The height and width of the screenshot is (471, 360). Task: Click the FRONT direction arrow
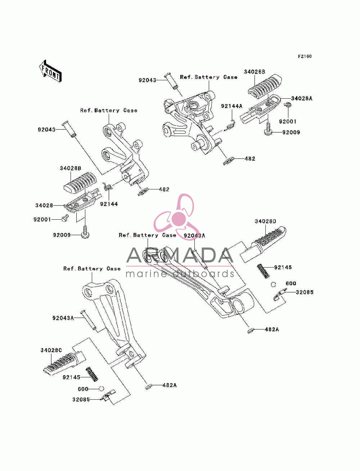(50, 71)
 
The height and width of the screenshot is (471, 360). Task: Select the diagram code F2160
(305, 57)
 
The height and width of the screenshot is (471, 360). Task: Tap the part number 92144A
(232, 106)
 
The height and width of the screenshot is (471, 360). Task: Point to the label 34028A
(302, 99)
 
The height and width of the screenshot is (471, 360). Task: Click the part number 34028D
(265, 221)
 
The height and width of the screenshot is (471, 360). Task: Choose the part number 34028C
(51, 350)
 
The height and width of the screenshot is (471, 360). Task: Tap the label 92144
(109, 204)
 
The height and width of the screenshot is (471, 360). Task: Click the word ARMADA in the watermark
(180, 255)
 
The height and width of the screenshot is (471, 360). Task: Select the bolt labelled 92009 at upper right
(268, 129)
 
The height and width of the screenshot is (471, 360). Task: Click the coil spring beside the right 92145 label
(263, 271)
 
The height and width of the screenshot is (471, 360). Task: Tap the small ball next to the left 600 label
(101, 389)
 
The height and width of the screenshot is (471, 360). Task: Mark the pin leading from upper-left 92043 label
(69, 129)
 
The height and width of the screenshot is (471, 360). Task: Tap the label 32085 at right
(305, 292)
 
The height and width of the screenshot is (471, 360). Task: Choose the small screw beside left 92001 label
(65, 218)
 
